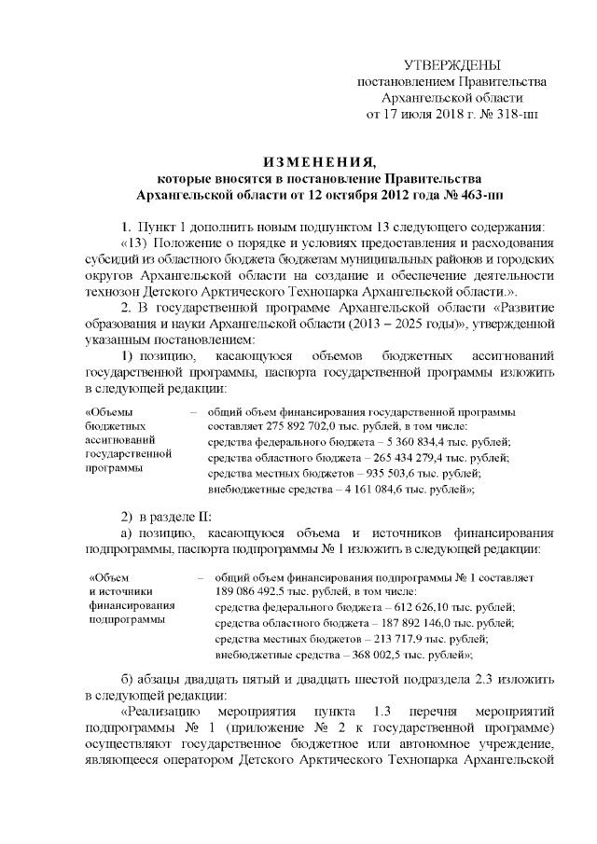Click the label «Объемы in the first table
[x=108, y=410]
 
